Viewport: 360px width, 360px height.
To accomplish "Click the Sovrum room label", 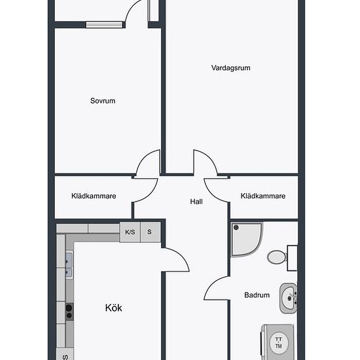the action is point(103,101).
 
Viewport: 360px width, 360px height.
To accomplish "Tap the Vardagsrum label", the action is point(231,68).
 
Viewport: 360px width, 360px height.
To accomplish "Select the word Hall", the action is point(196,202).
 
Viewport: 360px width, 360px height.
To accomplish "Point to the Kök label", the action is point(114,308).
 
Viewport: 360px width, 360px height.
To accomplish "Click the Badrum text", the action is point(257,295).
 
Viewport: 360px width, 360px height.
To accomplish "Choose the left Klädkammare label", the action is point(94,196).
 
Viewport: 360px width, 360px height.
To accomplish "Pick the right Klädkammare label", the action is point(263,196).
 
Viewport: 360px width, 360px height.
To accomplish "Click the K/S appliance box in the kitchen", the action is point(130,232).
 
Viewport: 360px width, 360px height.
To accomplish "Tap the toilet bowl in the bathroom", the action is point(277,257).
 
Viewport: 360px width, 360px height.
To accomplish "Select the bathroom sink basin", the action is point(289,298).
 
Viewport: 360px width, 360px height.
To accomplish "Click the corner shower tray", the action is point(246,240).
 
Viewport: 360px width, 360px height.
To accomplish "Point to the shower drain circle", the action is point(236,228).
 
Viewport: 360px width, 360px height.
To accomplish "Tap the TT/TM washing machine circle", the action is point(278,342).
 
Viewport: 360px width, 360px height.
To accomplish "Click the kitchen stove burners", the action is point(69,312).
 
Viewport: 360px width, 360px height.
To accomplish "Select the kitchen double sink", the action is point(69,266).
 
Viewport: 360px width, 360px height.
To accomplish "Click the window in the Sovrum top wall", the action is point(104,25).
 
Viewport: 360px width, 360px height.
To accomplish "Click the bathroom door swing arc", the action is point(213,282).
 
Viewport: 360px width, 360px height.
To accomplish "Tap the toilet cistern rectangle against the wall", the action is point(293,258).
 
